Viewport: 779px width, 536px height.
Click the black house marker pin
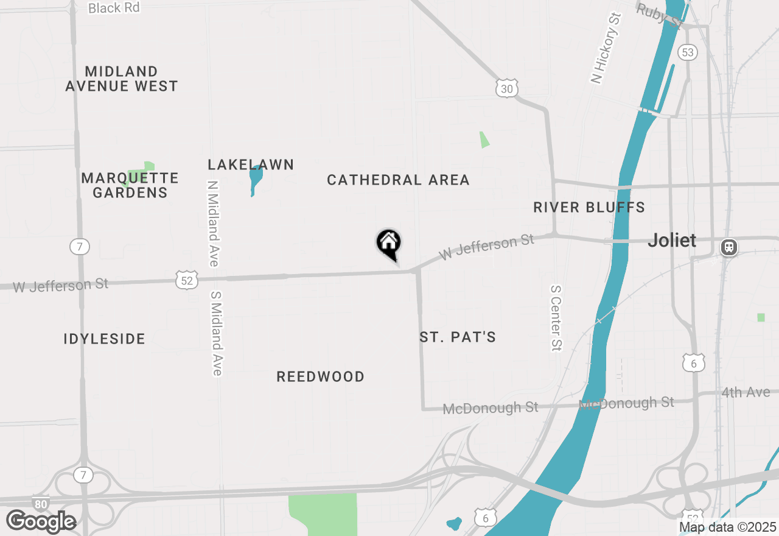pos(388,244)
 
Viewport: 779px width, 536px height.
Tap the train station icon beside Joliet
pos(728,247)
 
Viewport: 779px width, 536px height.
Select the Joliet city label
pos(672,240)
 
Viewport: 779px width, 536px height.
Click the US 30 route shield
pos(506,89)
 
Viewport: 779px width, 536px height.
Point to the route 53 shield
pos(688,52)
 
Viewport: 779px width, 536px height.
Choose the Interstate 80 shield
pos(41,504)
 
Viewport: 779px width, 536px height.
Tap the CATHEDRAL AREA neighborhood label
pos(398,180)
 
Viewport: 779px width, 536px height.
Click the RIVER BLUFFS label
pos(589,207)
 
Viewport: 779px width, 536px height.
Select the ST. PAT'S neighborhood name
pos(458,337)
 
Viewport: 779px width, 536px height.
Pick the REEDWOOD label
pos(321,376)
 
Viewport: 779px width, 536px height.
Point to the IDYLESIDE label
pos(105,339)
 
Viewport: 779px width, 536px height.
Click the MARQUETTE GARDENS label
pos(130,185)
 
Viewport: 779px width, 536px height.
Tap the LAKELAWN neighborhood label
pos(251,164)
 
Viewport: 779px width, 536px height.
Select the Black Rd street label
pos(114,8)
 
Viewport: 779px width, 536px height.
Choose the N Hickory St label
pos(606,48)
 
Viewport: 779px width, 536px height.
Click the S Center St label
pos(556,318)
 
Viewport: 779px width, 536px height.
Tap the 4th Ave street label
pos(746,392)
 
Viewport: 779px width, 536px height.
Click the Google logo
pos(41,521)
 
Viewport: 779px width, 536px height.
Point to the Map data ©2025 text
pos(727,527)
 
